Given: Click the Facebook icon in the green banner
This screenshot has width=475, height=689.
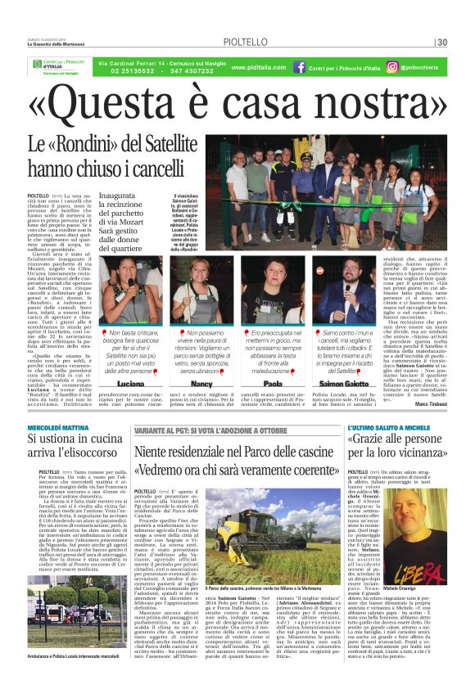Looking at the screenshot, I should (300, 67).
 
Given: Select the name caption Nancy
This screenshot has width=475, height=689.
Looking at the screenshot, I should (201, 383).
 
